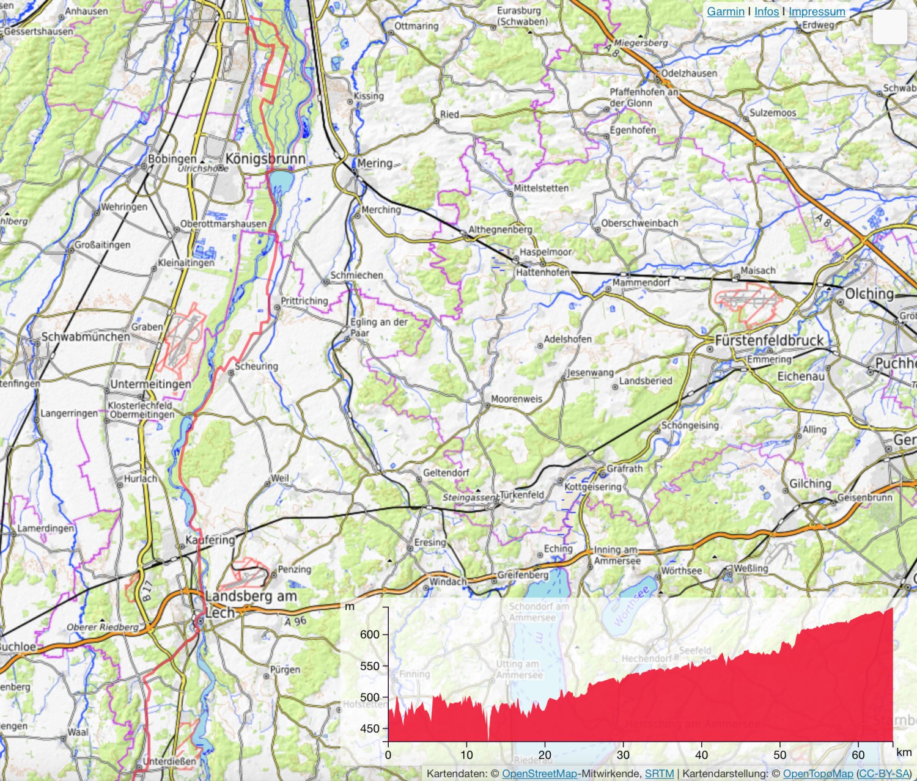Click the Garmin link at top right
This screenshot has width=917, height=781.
(x=726, y=12)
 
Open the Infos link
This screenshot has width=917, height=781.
(x=767, y=12)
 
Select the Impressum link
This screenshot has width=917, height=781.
(x=817, y=12)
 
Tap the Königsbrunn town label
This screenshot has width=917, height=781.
(x=265, y=159)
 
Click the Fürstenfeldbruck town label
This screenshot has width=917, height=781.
(x=769, y=340)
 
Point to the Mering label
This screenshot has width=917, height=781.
(x=375, y=163)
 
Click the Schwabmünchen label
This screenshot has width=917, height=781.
(x=86, y=337)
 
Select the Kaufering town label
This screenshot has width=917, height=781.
(x=210, y=540)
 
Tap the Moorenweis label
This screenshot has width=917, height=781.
(x=517, y=399)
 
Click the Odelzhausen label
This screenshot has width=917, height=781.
(x=690, y=73)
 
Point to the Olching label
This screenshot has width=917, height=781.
(x=869, y=294)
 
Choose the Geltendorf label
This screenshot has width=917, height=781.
(x=446, y=472)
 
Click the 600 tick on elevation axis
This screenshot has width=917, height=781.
(x=370, y=634)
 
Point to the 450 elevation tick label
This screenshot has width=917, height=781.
(x=370, y=728)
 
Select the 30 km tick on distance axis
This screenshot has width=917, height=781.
(x=623, y=755)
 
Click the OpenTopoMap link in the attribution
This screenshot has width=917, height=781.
(x=817, y=774)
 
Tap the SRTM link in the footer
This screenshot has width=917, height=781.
(x=659, y=774)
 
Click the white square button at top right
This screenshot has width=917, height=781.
(x=889, y=27)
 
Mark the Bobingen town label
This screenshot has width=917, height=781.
(x=172, y=159)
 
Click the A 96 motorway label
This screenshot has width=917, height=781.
(x=295, y=621)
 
